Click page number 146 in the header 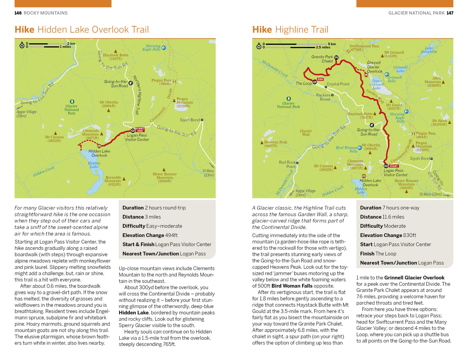(18, 13)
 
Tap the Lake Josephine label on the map (429, 50)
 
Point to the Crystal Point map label (338, 84)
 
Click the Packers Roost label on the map (324, 97)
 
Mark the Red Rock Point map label (287, 164)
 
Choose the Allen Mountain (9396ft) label (433, 82)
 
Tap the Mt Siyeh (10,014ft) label (439, 123)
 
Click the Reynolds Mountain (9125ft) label (113, 181)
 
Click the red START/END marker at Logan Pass (140, 129)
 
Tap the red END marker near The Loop (320, 79)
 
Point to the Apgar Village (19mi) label (26, 114)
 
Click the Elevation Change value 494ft (171, 235)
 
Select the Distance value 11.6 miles (393, 217)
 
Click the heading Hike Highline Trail (290, 30)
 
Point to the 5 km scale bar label (332, 44)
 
